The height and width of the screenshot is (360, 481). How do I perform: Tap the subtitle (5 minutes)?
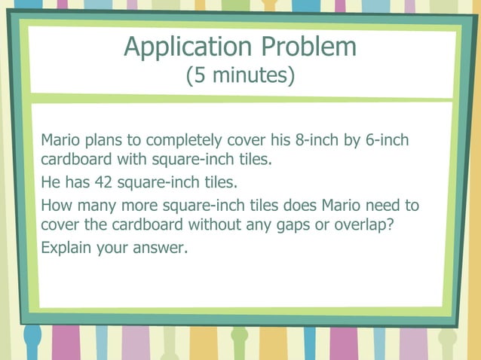point(240,76)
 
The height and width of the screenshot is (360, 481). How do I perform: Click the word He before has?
point(51,182)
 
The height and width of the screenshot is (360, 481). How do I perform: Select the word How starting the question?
point(55,205)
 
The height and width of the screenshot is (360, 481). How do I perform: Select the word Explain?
point(66,247)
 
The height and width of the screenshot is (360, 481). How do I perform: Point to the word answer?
point(159,248)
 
